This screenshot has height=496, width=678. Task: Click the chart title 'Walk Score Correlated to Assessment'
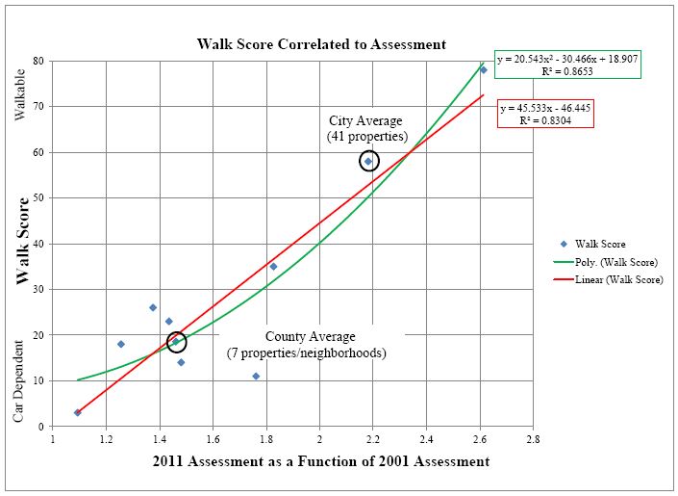[321, 44]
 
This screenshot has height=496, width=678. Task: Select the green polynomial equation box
[567, 65]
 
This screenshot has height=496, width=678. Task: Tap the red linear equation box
[545, 115]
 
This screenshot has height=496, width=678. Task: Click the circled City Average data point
[368, 161]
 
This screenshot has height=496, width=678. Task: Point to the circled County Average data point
[176, 341]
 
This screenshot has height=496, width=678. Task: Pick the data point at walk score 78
[484, 69]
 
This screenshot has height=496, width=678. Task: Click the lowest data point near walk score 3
[77, 412]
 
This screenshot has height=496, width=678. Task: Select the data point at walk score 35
[273, 267]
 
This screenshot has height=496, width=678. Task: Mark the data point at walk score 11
[256, 376]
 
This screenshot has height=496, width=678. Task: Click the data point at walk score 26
[153, 307]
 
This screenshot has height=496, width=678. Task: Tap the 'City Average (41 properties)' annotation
[367, 128]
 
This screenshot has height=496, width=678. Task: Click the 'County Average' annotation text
[310, 336]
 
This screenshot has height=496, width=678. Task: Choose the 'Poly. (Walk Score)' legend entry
[605, 262]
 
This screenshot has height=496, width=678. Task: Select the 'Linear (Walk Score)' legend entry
[608, 279]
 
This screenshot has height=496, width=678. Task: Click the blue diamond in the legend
[564, 244]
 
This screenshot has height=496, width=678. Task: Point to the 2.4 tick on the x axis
[426, 439]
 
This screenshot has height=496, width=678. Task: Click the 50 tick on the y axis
[38, 198]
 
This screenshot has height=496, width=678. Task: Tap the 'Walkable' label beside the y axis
[20, 94]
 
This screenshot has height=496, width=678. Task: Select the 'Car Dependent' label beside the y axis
[17, 381]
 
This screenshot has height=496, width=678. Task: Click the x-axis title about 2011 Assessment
[321, 461]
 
